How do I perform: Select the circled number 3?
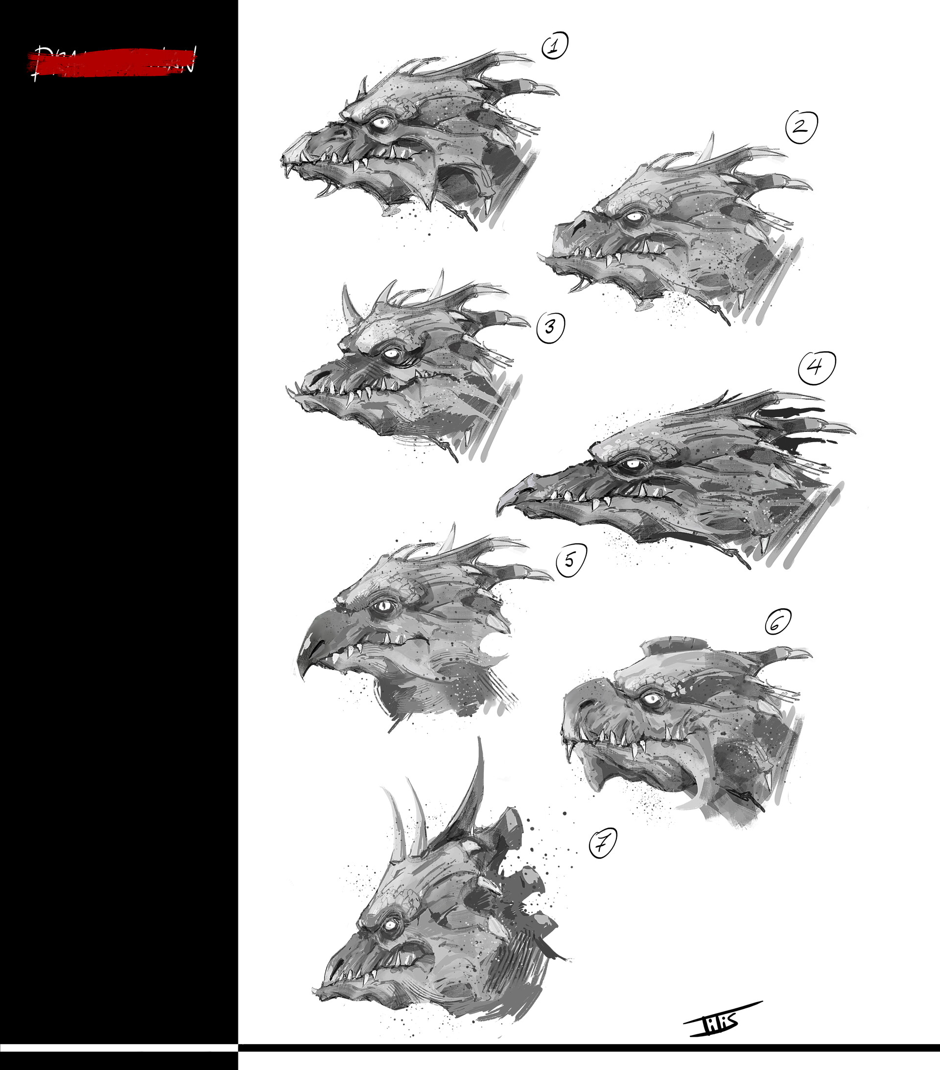(x=550, y=327)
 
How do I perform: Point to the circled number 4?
(x=817, y=367)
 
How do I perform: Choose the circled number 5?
(x=571, y=560)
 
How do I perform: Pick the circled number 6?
(x=777, y=621)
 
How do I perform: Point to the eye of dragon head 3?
(x=392, y=354)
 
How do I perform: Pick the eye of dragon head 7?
(x=389, y=926)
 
